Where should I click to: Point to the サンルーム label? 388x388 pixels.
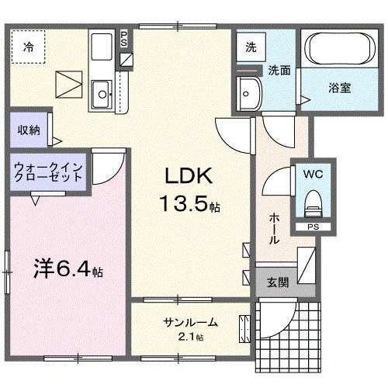[190, 323]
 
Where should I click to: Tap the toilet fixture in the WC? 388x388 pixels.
[314, 204]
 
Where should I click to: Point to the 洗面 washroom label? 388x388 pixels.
[280, 70]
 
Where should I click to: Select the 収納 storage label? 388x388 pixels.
[29, 130]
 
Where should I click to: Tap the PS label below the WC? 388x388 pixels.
[314, 227]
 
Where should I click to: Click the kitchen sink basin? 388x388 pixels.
[101, 96]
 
